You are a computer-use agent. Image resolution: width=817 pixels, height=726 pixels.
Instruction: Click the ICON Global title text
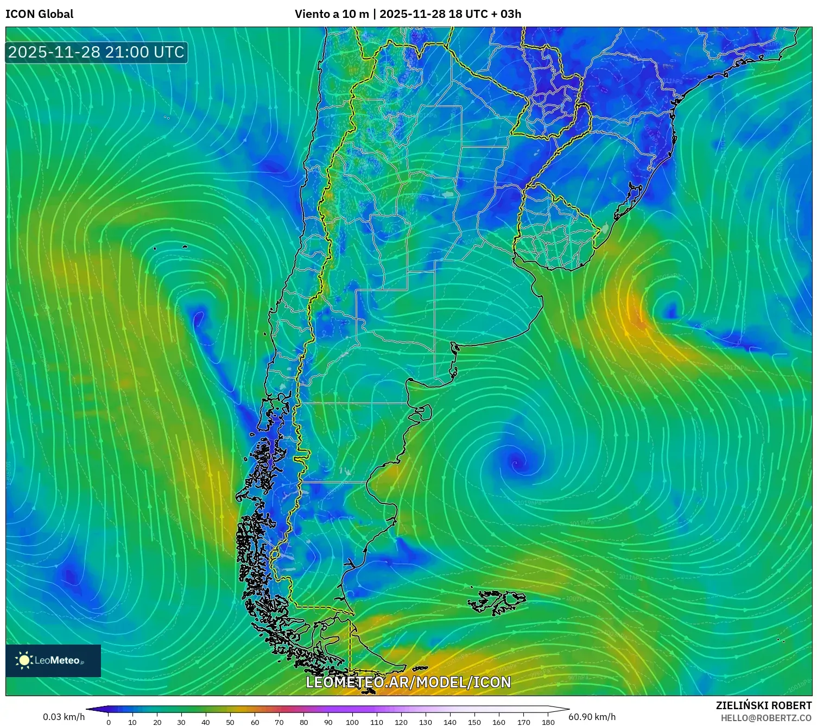click(39, 14)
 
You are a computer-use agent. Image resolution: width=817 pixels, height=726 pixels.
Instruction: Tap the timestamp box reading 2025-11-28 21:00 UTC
click(97, 52)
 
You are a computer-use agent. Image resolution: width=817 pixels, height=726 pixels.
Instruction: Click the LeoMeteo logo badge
click(53, 660)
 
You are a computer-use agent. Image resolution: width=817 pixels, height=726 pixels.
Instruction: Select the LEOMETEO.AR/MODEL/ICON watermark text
click(408, 683)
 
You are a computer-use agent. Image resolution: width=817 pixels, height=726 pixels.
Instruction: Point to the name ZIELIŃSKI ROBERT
click(763, 706)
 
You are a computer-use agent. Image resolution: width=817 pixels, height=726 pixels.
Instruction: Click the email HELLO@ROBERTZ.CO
click(766, 718)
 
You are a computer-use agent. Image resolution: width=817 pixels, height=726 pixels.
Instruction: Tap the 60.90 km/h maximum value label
click(592, 717)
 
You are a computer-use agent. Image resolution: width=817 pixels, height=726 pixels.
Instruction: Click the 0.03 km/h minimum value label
click(64, 717)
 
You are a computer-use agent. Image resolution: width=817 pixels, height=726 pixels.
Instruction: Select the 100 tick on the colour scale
click(352, 722)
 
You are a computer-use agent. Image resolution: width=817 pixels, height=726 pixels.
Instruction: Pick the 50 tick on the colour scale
click(230, 722)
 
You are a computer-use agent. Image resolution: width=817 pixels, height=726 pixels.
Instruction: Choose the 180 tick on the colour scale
click(548, 722)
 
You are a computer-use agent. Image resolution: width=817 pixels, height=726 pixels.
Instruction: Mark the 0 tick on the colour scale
click(109, 722)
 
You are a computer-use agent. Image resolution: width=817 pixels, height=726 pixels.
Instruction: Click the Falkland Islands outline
click(497, 602)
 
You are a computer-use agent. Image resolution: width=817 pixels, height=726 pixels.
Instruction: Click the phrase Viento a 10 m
click(331, 14)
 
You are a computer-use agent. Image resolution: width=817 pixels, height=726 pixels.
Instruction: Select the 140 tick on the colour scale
click(450, 722)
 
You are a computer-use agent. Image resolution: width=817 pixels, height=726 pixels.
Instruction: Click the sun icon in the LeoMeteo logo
click(24, 660)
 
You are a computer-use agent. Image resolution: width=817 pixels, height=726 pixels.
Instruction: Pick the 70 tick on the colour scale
click(279, 722)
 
